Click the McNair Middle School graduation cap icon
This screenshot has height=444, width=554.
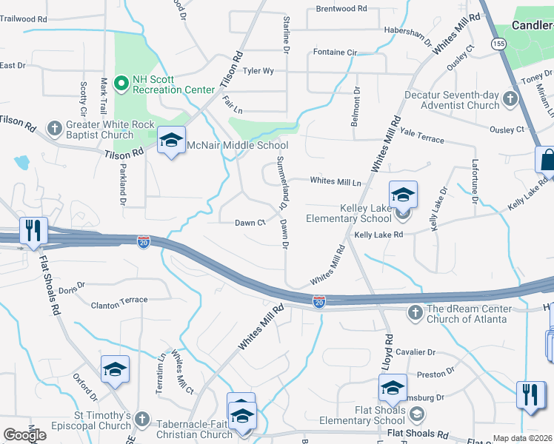click(171, 141)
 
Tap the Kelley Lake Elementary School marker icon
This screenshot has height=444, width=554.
click(403, 195)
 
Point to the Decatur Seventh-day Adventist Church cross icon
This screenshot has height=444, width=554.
click(510, 98)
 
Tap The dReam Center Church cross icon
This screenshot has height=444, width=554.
click(415, 314)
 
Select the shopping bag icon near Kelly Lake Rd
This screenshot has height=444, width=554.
click(547, 160)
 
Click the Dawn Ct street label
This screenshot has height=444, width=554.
click(250, 223)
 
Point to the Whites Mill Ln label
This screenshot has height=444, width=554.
click(336, 181)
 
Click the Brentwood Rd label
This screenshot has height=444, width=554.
click(341, 9)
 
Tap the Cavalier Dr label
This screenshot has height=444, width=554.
click(415, 352)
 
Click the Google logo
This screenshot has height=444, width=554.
click(24, 435)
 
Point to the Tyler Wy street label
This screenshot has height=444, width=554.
click(258, 71)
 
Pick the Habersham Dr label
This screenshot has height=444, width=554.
click(407, 30)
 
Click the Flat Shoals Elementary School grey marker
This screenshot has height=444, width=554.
click(417, 413)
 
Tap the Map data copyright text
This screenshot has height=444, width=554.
click(522, 438)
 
